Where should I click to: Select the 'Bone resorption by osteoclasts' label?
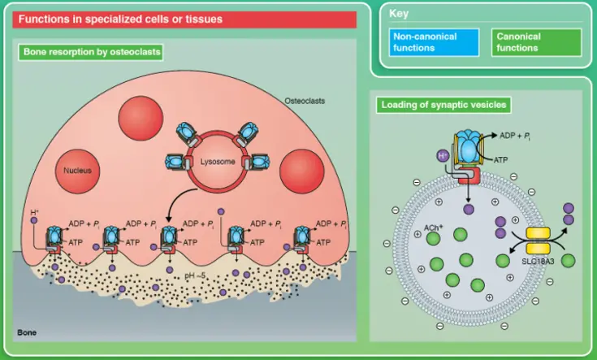(90, 53)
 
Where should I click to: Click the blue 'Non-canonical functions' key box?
(424, 42)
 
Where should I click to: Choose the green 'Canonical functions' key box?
(535, 42)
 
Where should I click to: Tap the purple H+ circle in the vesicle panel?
(443, 154)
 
